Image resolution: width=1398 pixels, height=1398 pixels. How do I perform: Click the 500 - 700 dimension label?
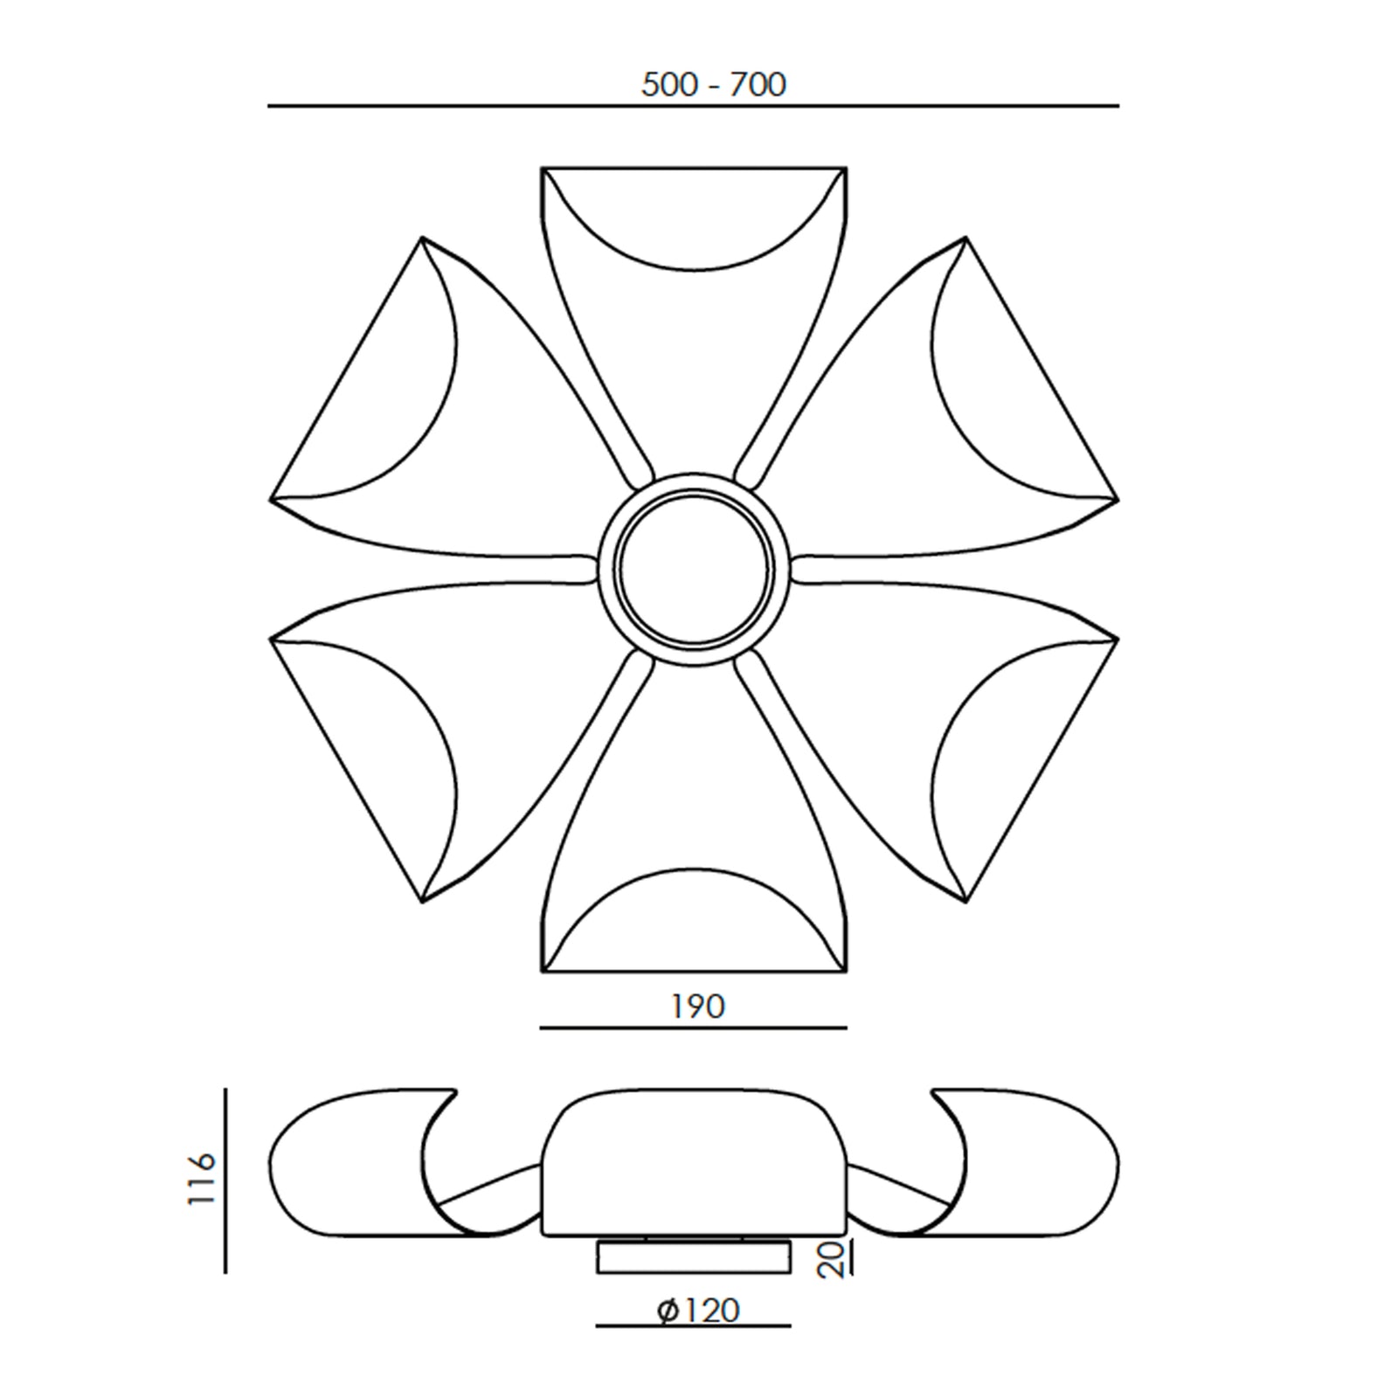point(714,85)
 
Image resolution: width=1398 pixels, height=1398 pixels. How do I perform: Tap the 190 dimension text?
point(697,1007)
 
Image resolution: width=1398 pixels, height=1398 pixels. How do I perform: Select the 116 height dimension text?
point(201,1180)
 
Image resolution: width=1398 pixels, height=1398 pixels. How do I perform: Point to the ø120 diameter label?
point(698,1311)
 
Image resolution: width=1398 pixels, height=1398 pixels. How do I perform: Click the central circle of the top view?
point(694,569)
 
